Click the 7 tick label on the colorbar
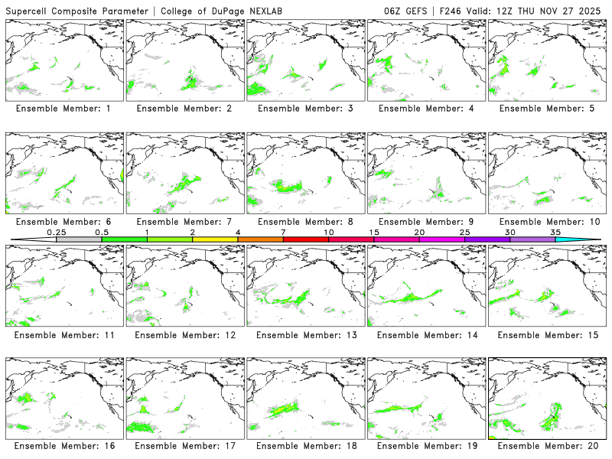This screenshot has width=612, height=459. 283,232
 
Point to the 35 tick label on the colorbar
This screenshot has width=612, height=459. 555,232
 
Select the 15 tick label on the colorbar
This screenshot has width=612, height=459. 374,232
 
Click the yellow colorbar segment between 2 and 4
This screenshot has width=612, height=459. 215,240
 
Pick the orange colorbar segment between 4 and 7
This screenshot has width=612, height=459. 260,240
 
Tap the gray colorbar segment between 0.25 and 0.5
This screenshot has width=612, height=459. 79,240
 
